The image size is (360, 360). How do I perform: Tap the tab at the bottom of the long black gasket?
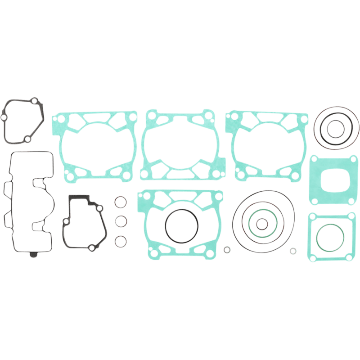coord(33,256)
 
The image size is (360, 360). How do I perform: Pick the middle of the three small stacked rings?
coord(119,221)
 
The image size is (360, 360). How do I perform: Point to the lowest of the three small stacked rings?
coord(119,241)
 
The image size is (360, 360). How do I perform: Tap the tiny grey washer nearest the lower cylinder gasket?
coord(227,249)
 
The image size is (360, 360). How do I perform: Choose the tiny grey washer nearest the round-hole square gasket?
coord(293,251)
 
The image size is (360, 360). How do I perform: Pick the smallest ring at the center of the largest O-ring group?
coord(261,224)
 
